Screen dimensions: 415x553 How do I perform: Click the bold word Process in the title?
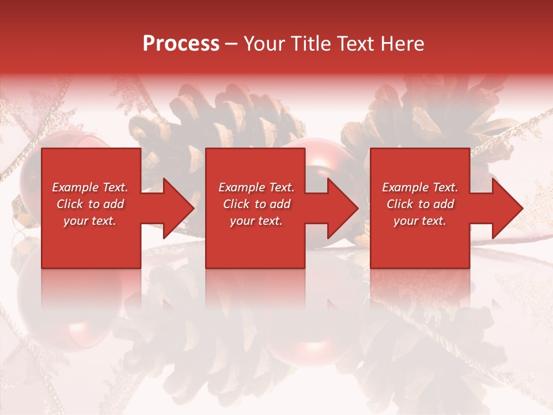pos(181,44)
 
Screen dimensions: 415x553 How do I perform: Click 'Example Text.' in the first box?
pos(90,187)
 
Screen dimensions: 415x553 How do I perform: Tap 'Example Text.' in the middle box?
pos(256,187)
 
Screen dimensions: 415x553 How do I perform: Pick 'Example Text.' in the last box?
pos(420,187)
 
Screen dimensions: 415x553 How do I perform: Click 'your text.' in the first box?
pos(90,221)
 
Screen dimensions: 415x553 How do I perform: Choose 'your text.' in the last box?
pos(420,221)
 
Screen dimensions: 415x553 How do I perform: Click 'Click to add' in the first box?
pos(90,204)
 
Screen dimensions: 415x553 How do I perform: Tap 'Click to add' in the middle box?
pos(256,204)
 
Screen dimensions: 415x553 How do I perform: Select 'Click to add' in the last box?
pos(420,204)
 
